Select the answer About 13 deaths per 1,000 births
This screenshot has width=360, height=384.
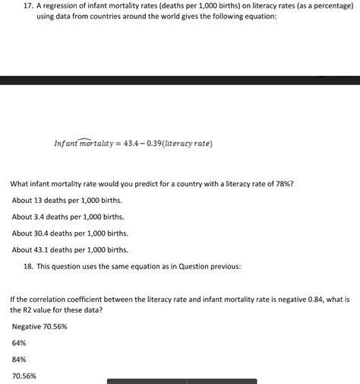point(67,200)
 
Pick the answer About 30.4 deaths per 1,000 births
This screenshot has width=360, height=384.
point(70,233)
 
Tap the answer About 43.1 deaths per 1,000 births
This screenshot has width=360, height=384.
point(70,249)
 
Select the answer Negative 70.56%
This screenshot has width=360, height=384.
point(39,326)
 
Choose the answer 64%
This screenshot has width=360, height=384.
point(19,343)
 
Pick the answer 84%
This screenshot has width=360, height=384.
point(19,359)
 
